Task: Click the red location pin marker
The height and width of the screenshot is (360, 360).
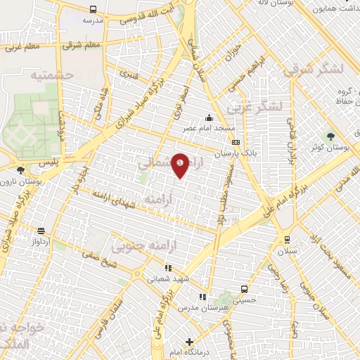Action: point(181,165)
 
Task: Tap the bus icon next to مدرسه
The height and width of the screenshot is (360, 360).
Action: point(94,10)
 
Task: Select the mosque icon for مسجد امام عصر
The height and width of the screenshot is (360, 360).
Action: point(208,118)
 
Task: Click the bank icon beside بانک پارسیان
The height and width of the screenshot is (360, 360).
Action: point(235,142)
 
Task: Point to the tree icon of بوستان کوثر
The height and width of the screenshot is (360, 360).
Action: point(330,136)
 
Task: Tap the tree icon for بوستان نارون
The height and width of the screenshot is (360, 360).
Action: point(20,169)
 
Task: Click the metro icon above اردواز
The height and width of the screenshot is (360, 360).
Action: point(41,231)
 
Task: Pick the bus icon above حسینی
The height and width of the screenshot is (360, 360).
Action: point(244,289)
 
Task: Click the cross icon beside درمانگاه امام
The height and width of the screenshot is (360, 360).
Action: point(188,340)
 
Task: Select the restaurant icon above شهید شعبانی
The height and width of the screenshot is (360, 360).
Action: point(167,268)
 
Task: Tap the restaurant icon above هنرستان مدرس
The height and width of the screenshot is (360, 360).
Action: point(203,297)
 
